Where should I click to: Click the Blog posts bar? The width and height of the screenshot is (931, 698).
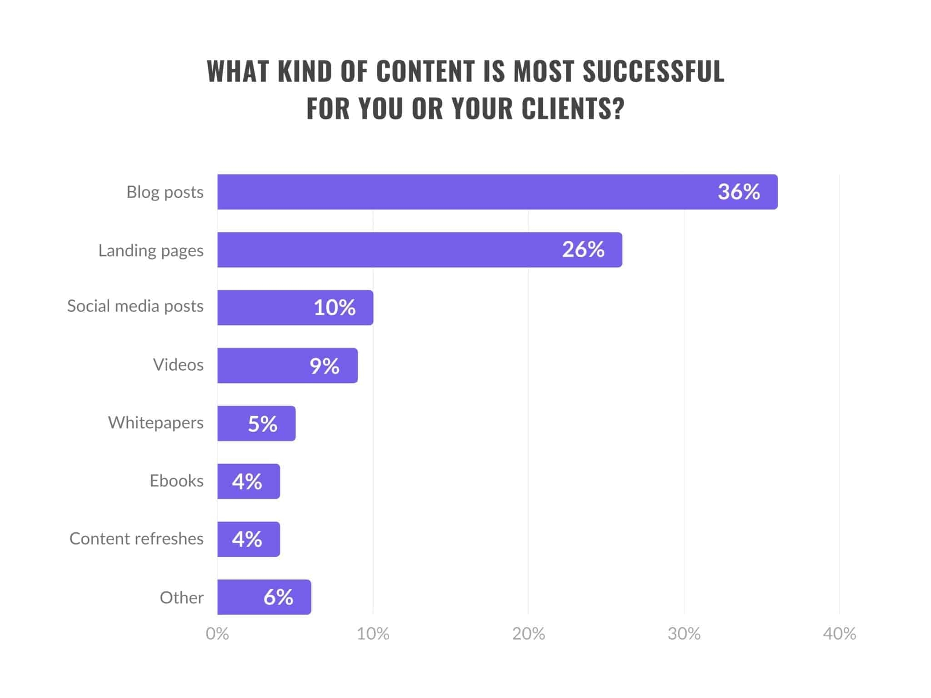click(497, 192)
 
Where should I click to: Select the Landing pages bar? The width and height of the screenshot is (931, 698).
click(420, 250)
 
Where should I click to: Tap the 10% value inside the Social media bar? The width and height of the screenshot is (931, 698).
click(335, 308)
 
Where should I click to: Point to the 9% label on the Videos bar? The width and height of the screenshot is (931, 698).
click(325, 366)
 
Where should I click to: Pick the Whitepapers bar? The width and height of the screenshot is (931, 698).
click(256, 424)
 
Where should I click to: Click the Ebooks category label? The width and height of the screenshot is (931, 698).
click(176, 481)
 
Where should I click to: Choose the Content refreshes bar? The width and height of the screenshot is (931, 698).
click(249, 539)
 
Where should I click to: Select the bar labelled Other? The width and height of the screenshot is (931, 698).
click(264, 597)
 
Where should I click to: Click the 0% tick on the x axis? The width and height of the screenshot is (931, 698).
click(217, 634)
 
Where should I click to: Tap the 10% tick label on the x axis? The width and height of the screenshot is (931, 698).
click(373, 634)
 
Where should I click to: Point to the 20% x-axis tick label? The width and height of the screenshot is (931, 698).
click(528, 634)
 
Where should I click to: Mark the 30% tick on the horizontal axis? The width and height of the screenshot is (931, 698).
click(684, 634)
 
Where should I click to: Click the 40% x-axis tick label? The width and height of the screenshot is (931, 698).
click(839, 634)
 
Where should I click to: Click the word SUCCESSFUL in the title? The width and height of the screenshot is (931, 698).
click(653, 71)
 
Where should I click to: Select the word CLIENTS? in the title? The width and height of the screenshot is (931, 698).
click(573, 109)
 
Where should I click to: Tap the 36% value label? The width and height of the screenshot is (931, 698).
click(739, 192)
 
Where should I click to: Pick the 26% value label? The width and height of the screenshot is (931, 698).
click(583, 249)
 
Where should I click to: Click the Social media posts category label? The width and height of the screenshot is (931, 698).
click(135, 306)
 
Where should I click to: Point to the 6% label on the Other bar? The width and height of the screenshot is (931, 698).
click(278, 597)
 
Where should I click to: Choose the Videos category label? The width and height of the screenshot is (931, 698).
click(178, 365)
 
